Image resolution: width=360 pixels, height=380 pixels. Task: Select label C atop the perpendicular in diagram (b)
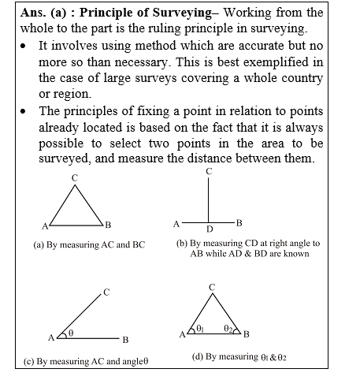point(209,171)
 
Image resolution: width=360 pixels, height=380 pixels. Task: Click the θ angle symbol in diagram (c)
point(70,333)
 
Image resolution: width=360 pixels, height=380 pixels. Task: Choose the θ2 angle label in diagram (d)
point(228,327)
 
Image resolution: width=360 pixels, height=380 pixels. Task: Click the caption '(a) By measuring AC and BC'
point(89,245)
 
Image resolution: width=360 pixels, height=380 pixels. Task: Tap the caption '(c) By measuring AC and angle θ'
point(87,363)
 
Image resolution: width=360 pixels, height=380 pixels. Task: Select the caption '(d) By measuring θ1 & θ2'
point(239,357)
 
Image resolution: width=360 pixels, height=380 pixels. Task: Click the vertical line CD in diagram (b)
point(209,201)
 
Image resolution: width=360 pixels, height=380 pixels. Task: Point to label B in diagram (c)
point(124,340)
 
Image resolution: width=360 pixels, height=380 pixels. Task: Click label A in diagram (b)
point(176,224)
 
